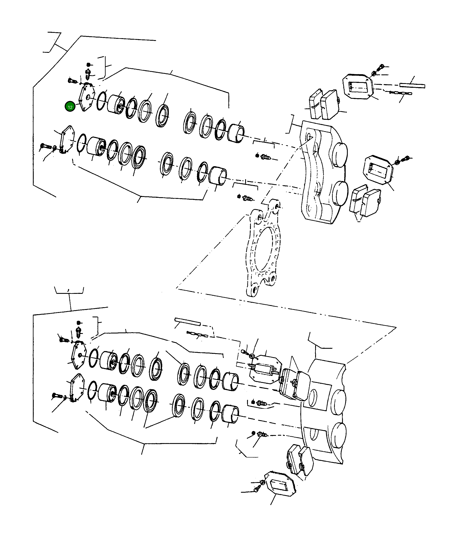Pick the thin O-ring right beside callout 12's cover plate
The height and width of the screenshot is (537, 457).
coord(102,101)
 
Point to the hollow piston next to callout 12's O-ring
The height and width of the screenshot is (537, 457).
coord(116,104)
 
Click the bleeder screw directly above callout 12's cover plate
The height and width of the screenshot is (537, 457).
coord(89,75)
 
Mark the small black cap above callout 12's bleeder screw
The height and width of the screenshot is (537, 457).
coord(89,64)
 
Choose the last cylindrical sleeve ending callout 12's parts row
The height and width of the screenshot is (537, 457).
coord(236,133)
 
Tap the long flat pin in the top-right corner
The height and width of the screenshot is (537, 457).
coord(412,85)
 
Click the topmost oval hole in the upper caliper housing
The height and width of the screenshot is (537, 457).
coord(309,137)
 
